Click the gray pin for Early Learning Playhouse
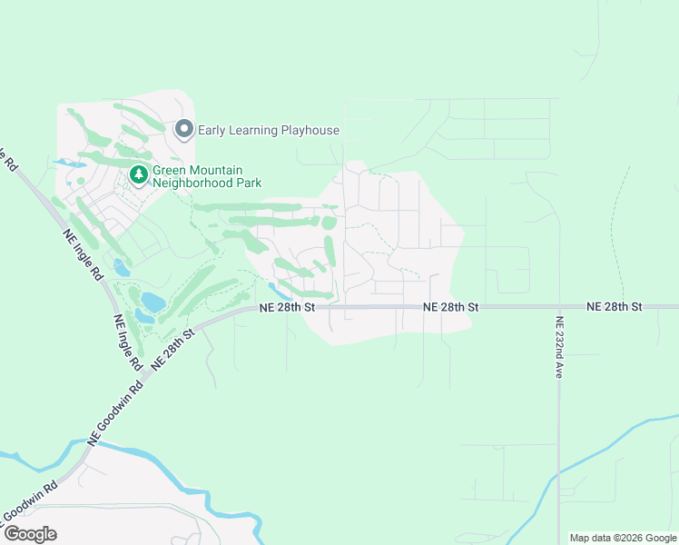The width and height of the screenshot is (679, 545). pyautogui.click(x=184, y=131)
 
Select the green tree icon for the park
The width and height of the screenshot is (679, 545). pyautogui.click(x=138, y=173)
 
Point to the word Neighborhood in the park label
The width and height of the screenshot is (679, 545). pyautogui.click(x=194, y=182)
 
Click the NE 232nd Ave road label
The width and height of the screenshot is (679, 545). pyautogui.click(x=559, y=347)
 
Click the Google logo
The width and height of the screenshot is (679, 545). pyautogui.click(x=30, y=534)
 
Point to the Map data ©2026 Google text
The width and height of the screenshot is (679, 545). pyautogui.click(x=623, y=538)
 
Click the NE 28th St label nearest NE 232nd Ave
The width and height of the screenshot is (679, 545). pyautogui.click(x=615, y=307)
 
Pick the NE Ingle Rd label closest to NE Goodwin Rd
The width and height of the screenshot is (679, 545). pyautogui.click(x=127, y=342)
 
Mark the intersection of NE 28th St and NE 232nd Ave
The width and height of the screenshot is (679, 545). pyautogui.click(x=558, y=307)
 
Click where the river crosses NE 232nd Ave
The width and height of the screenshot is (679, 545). pyautogui.click(x=558, y=471)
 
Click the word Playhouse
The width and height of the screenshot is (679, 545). pyautogui.click(x=309, y=131)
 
